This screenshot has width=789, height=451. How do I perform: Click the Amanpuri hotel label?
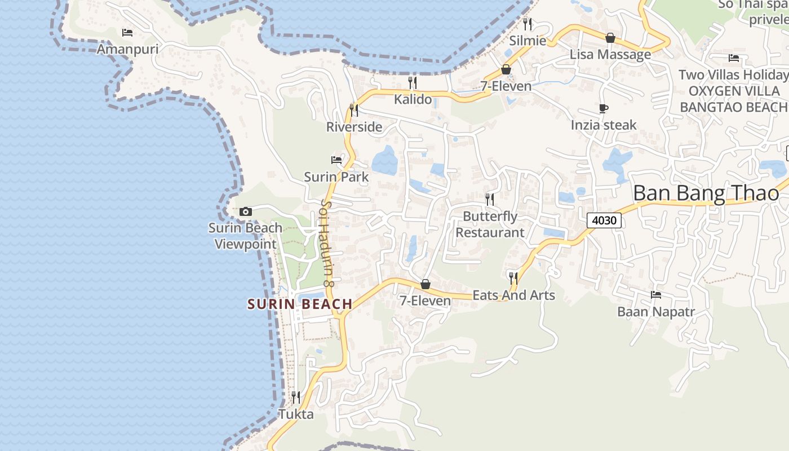[127, 49]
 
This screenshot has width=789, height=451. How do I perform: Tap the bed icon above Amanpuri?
[127, 33]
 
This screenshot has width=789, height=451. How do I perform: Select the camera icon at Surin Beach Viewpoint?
[245, 211]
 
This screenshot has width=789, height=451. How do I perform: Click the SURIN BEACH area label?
[300, 304]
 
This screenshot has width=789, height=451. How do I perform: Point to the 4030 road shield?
[604, 220]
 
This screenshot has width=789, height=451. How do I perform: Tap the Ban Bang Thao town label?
[706, 193]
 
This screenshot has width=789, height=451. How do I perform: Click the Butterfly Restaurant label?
[490, 224]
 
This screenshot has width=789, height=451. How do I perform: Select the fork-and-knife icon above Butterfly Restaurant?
[490, 199]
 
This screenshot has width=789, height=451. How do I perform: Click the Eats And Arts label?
[513, 295]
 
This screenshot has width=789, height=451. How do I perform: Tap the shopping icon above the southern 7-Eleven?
[425, 284]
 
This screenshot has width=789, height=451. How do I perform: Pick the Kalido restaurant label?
[413, 100]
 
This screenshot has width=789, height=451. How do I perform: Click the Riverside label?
[354, 127]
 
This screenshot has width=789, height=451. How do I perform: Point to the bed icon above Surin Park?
[336, 160]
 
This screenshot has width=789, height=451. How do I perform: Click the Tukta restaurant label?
[296, 414]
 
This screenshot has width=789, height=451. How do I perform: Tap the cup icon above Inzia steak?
[604, 108]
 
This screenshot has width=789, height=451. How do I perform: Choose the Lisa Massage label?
[610, 55]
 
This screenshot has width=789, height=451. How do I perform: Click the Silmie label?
[528, 41]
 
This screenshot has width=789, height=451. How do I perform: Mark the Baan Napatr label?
[655, 312]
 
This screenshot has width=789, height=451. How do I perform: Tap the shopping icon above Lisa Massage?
[610, 38]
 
